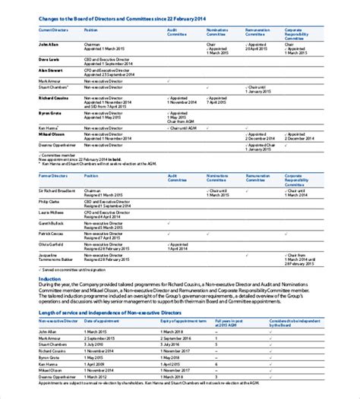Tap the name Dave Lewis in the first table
49,59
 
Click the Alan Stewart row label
51,70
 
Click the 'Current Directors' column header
54,30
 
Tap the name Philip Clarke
50,202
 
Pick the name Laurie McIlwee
52,212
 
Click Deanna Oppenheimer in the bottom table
58,375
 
